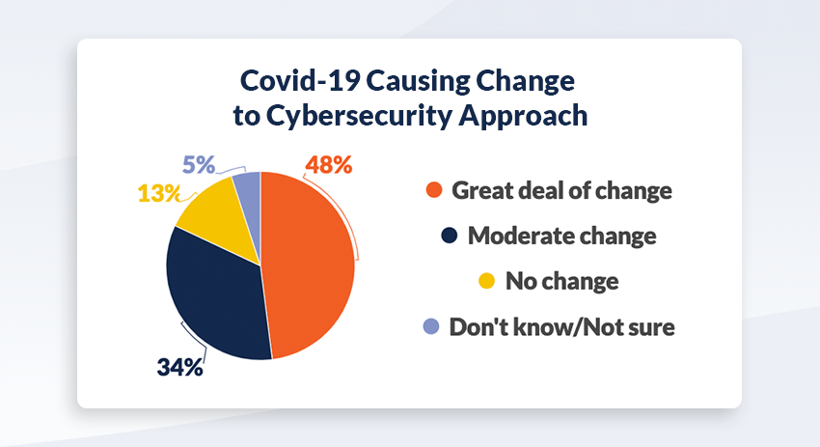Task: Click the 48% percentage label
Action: click(329, 165)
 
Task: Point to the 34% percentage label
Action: click(179, 368)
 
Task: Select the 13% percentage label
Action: click(159, 193)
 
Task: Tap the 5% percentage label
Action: click(199, 165)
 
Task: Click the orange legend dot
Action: click(434, 190)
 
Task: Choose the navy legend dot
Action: click(450, 236)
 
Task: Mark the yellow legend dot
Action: click(487, 281)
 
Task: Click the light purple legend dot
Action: click(431, 326)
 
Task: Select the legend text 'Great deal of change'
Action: click(562, 190)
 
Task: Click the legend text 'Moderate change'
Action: click(562, 237)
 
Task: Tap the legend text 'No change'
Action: click(562, 282)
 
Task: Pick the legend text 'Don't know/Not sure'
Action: click(562, 327)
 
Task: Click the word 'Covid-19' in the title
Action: click(299, 80)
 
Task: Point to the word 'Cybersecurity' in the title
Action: click(359, 116)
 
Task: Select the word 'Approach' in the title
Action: click(523, 116)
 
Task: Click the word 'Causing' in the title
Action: click(418, 82)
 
